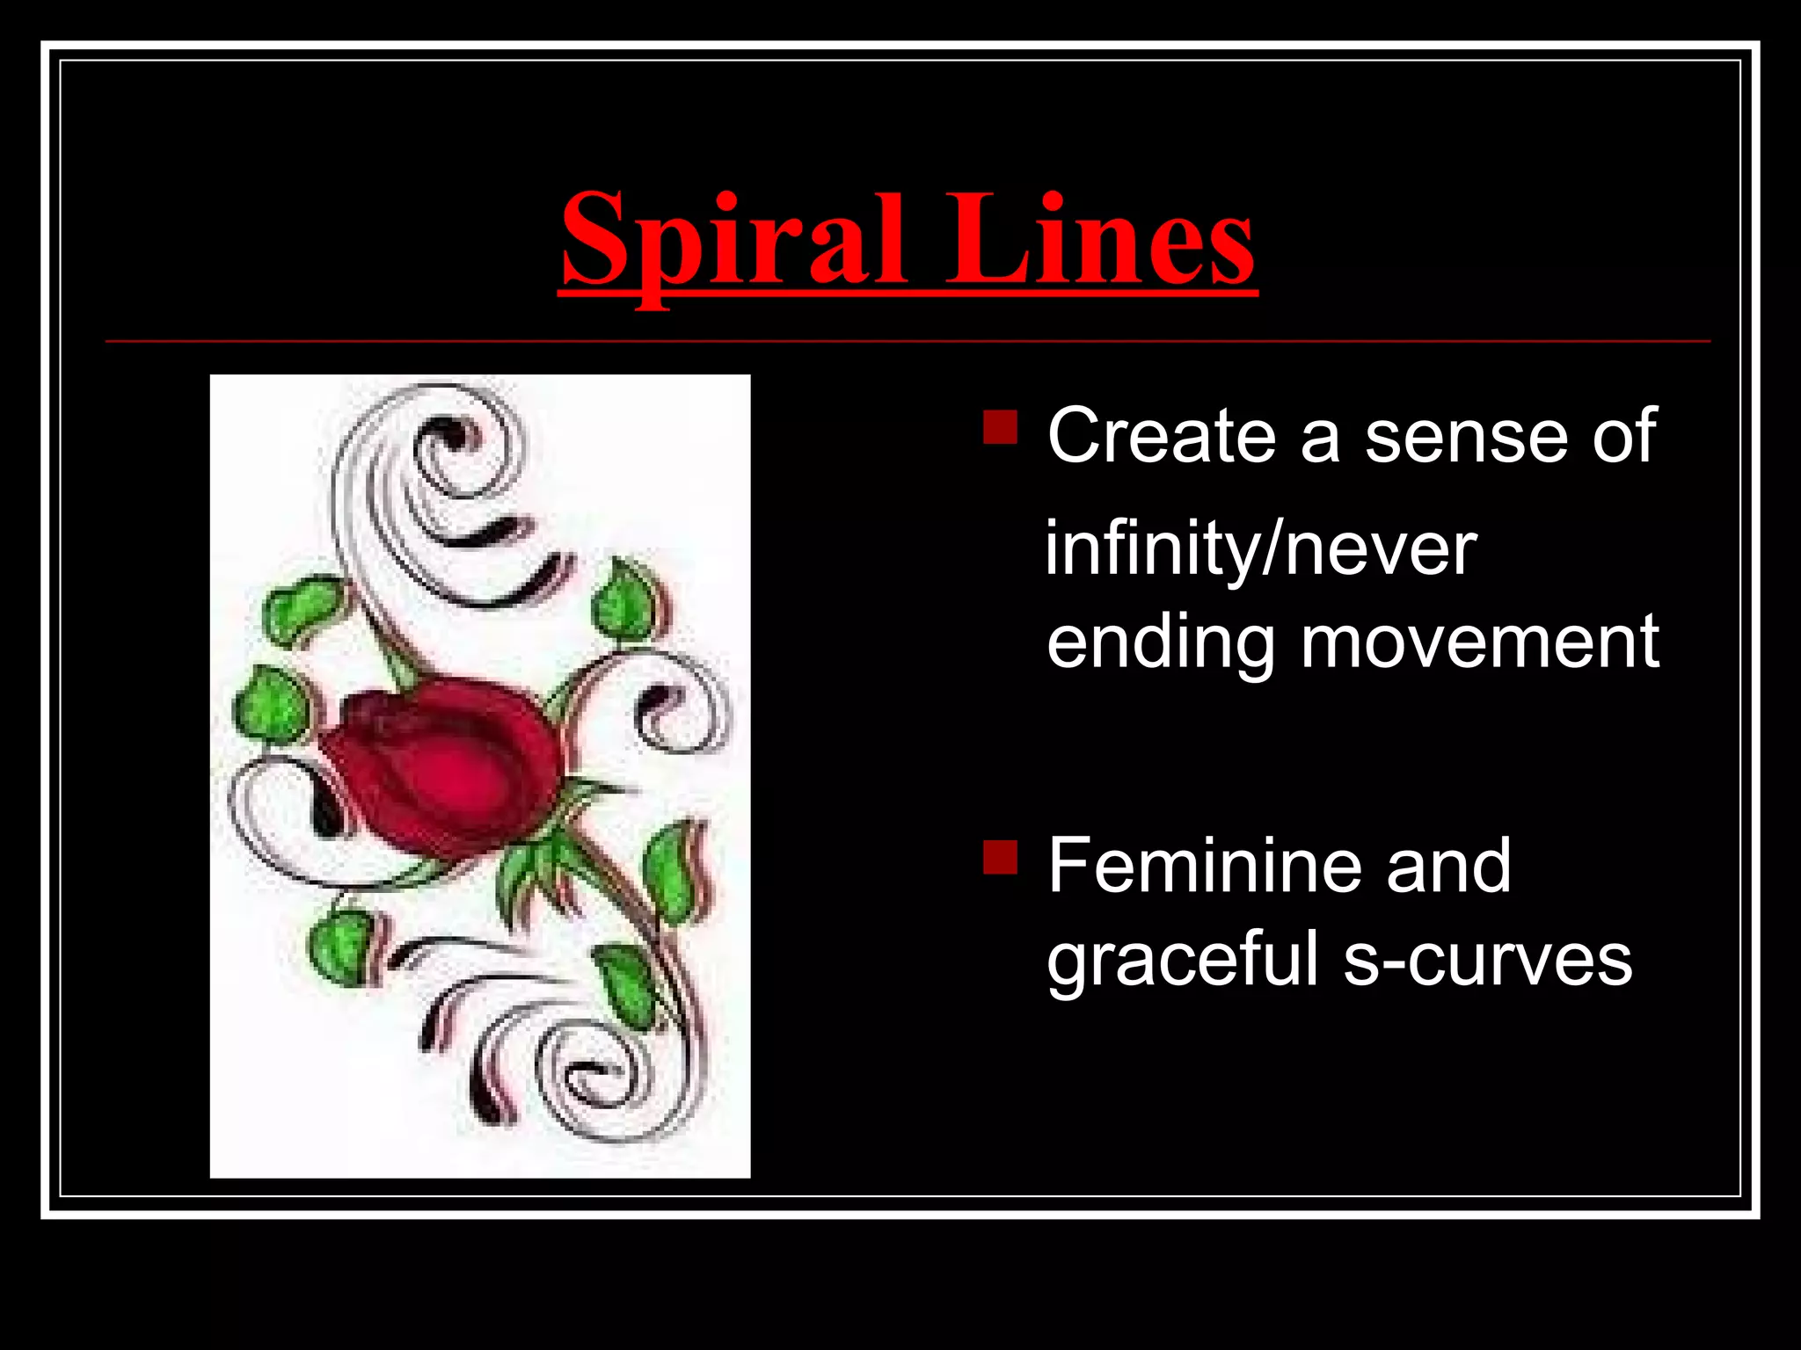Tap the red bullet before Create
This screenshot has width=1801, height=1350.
click(x=1000, y=427)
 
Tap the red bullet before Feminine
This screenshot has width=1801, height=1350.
click(x=1000, y=857)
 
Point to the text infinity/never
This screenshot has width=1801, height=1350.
click(x=1260, y=549)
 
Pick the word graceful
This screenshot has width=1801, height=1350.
click(x=1182, y=961)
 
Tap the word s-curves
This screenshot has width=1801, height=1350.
click(x=1487, y=961)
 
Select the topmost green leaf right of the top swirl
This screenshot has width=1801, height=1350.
click(x=626, y=602)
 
